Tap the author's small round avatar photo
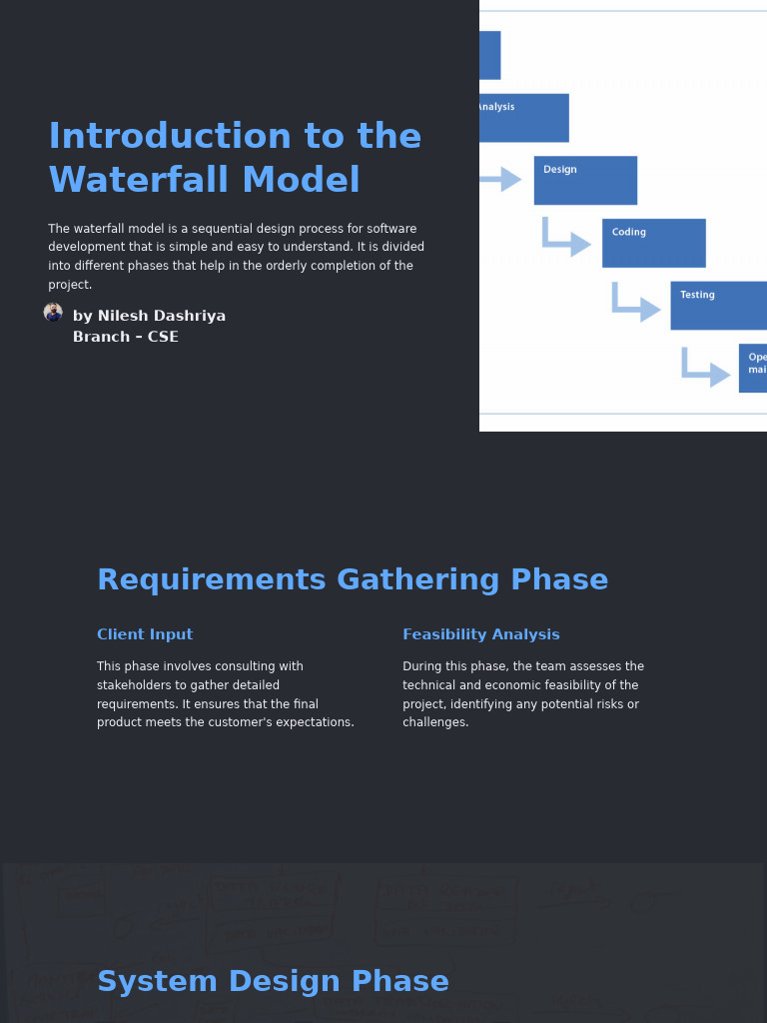[53, 313]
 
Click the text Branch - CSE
[126, 337]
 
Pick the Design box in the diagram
[585, 180]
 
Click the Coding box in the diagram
[653, 243]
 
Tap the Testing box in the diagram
[718, 305]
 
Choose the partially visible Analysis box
[523, 117]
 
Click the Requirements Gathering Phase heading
[353, 580]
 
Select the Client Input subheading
[145, 634]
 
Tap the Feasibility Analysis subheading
[481, 634]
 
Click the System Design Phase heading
[273, 982]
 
